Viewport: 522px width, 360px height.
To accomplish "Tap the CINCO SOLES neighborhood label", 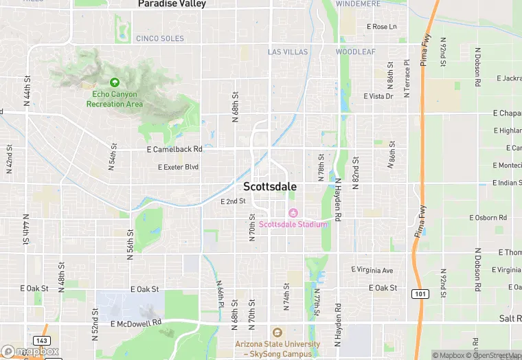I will pyautogui.click(x=160, y=38).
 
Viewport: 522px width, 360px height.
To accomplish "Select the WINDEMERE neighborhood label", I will pyautogui.click(x=358, y=3).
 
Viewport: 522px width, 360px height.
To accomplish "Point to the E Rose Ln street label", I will pyautogui.click(x=382, y=27).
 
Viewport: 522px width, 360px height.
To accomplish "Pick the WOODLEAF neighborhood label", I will pyautogui.click(x=355, y=52).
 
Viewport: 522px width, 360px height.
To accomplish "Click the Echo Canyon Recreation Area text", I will pyautogui.click(x=115, y=99).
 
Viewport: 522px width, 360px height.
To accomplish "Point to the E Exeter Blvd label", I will pyautogui.click(x=178, y=167).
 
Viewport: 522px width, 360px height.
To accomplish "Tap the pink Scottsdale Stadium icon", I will pyautogui.click(x=293, y=212).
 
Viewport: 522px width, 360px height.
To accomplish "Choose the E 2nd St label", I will pyautogui.click(x=233, y=201).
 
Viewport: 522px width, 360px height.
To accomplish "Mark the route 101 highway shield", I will pyautogui.click(x=419, y=293).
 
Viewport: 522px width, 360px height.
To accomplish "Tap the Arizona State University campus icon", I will pyautogui.click(x=277, y=332).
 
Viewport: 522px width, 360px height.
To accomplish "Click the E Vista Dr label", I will pyautogui.click(x=378, y=96).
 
